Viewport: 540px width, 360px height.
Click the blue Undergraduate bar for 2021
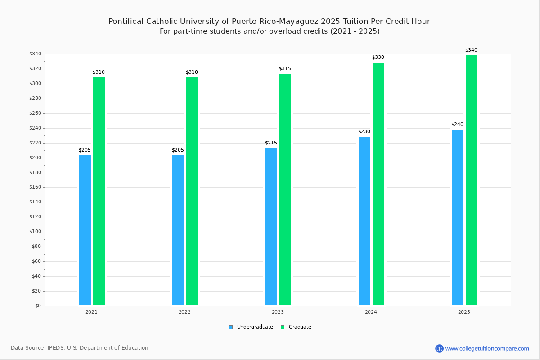click(x=85, y=230)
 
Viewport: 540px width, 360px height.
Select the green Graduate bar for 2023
click(x=285, y=189)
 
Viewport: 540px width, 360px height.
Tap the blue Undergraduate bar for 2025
click(x=458, y=217)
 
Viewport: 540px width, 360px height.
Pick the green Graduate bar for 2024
click(x=378, y=184)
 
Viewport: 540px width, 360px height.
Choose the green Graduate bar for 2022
click(x=192, y=191)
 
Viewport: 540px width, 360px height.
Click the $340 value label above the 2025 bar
click(x=471, y=50)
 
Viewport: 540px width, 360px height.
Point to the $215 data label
click(x=271, y=143)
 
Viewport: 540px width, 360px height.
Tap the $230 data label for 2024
click(x=364, y=132)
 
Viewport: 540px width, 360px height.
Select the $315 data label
click(x=285, y=68)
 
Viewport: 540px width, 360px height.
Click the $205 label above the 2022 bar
click(x=178, y=150)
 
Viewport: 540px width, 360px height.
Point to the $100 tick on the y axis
click(x=35, y=232)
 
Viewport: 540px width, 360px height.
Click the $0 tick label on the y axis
click(x=38, y=306)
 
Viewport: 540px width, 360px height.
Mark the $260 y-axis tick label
click(x=35, y=113)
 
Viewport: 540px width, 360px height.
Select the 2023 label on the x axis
click(x=278, y=312)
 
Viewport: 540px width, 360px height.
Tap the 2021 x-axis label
click(x=92, y=312)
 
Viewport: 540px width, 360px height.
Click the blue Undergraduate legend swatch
click(x=231, y=327)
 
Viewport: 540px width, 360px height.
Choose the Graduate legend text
click(x=300, y=327)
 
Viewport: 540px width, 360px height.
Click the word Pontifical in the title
click(x=126, y=21)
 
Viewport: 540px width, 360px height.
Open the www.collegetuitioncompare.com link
click(x=487, y=348)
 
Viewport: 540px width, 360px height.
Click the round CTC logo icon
click(x=439, y=348)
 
